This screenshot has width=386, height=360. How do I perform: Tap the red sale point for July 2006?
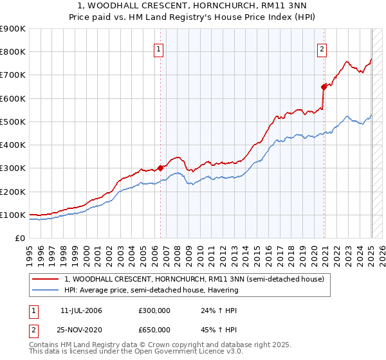[x=160, y=168]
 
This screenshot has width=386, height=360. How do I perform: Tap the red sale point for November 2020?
[x=324, y=87]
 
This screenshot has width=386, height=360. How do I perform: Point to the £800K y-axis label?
[x=13, y=52]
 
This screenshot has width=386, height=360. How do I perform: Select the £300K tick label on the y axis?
[x=13, y=168]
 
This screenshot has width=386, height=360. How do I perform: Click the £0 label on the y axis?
[x=19, y=239]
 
